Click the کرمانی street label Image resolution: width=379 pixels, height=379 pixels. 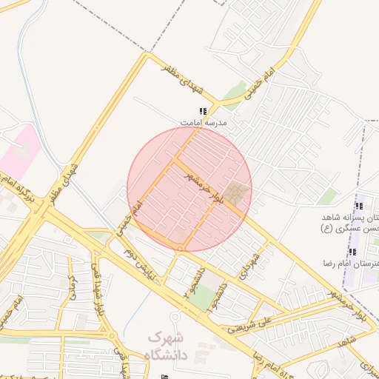pyautogui.click(x=73, y=285)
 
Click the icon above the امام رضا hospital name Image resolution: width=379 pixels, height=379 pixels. pyautogui.click(x=352, y=252)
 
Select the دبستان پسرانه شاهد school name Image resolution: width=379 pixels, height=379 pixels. pyautogui.click(x=352, y=223)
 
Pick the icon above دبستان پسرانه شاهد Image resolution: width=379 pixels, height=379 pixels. pyautogui.click(x=359, y=206)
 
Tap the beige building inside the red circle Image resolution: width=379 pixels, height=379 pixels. pyautogui.click(x=237, y=194)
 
